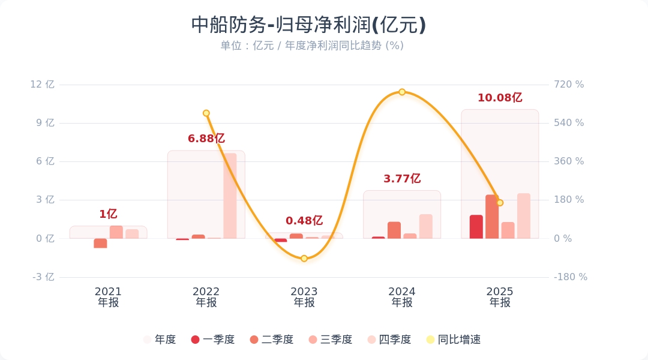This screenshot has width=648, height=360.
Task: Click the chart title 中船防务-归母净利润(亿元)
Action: [x=308, y=25]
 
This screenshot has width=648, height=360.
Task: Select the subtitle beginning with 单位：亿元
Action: [x=312, y=46]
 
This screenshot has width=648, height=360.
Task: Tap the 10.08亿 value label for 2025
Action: [x=500, y=98]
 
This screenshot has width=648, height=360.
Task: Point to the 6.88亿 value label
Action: [x=206, y=139]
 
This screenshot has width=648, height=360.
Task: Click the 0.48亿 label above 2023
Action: [x=304, y=221]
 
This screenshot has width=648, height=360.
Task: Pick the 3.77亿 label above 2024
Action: [x=402, y=179]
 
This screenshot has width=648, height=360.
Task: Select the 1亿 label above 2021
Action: [x=108, y=214]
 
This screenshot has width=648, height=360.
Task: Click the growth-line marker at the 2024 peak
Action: [x=402, y=92]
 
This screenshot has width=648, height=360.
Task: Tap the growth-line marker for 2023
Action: [x=304, y=259]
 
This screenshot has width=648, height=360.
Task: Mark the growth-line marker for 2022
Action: [x=206, y=113]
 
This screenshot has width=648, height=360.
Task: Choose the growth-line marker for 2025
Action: [x=500, y=203]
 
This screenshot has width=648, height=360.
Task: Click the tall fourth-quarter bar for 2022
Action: [x=230, y=196]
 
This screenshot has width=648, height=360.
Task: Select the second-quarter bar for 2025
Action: [x=492, y=217]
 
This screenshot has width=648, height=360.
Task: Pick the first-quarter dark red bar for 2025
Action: [x=476, y=227]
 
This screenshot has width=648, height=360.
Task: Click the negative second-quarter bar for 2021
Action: [x=100, y=243]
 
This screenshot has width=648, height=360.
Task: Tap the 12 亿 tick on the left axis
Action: [x=42, y=85]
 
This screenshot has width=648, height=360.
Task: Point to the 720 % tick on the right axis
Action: [x=569, y=85]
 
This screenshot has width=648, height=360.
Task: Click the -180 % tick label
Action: [x=570, y=277]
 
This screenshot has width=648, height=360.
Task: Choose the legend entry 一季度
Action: [x=213, y=340]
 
